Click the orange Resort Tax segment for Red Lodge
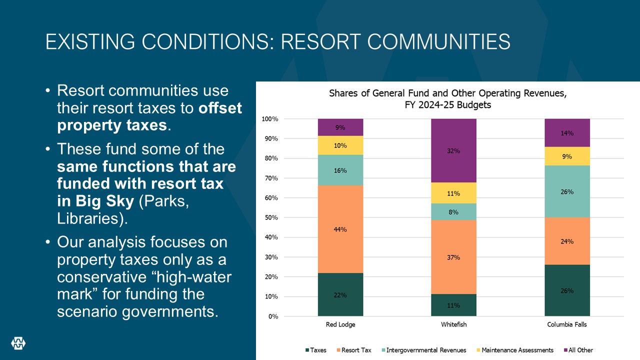coord(340,210)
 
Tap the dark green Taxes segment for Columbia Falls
coord(567,300)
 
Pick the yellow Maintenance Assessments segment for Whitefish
coord(453,193)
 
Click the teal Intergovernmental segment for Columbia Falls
coord(567,191)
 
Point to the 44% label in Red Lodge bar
coord(340,229)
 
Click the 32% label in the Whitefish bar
coord(453,151)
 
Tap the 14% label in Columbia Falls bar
coord(567,133)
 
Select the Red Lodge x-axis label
coord(340,324)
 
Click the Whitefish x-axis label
coord(453,324)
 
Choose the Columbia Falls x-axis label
coord(567,324)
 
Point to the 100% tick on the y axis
coord(270,119)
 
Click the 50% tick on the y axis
coord(271,217)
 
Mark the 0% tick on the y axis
coord(273,316)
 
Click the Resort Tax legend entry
coord(356,350)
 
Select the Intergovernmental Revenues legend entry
coord(425,350)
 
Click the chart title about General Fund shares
coord(447,99)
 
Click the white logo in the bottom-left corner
coord(18,342)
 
